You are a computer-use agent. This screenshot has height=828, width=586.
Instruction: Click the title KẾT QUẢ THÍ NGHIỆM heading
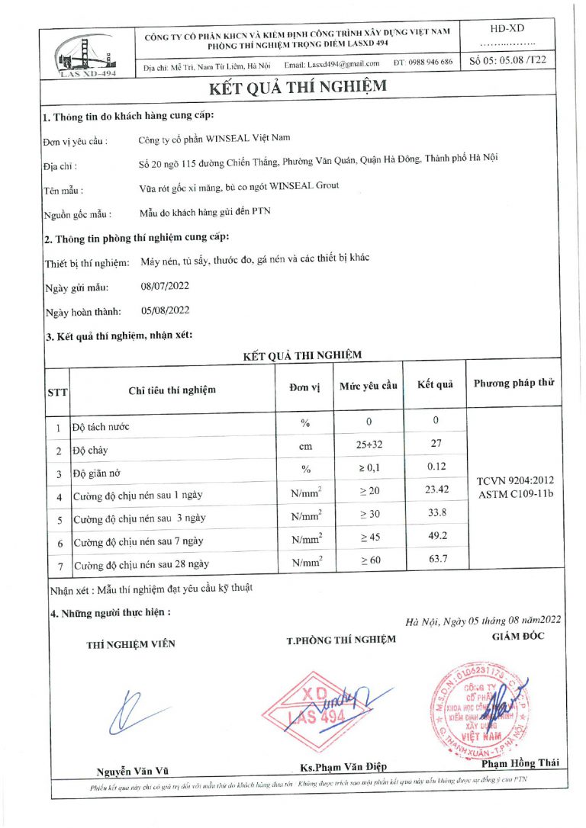(x=298, y=88)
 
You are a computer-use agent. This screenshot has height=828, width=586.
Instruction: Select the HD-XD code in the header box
(x=507, y=29)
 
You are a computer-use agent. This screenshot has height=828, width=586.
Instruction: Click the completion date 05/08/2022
(x=165, y=310)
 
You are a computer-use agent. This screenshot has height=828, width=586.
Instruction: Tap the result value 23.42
(x=435, y=492)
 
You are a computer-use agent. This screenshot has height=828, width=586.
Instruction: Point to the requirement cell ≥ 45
(x=369, y=539)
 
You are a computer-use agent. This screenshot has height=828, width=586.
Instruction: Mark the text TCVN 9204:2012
(x=514, y=481)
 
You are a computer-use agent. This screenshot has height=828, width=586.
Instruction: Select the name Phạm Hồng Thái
(x=520, y=762)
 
